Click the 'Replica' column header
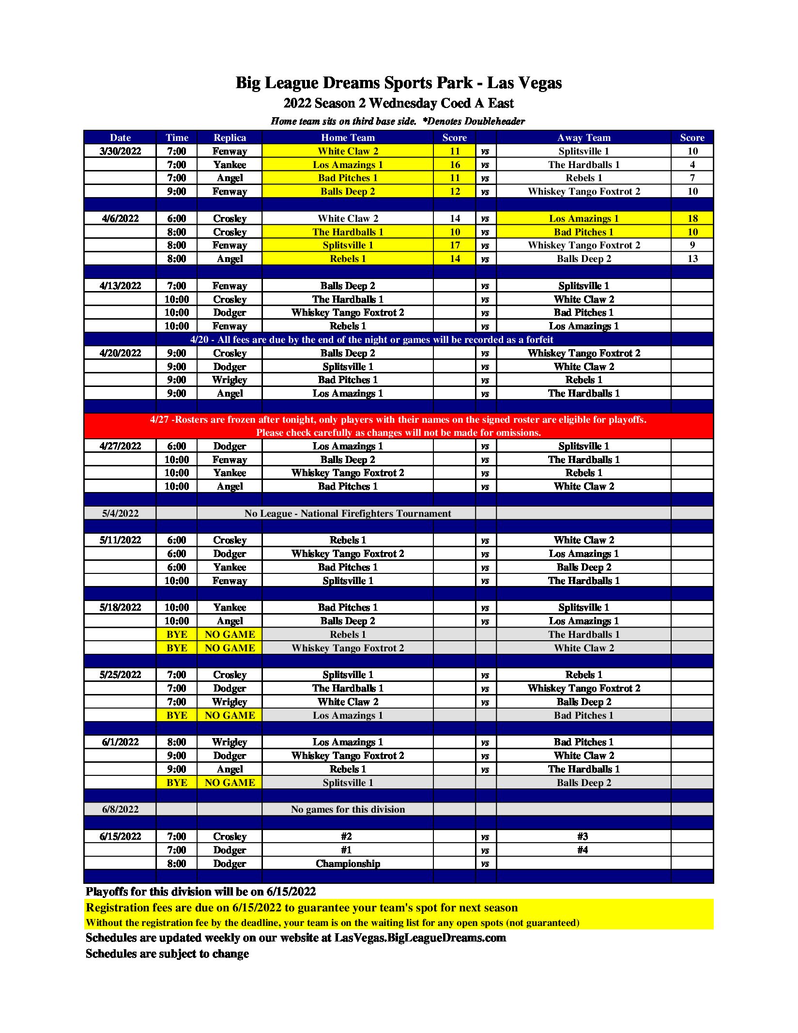tap(230, 138)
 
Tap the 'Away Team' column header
tap(583, 138)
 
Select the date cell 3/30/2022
tap(120, 151)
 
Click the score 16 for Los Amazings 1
tap(454, 165)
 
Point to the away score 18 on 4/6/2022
tap(692, 218)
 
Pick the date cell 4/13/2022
tap(120, 286)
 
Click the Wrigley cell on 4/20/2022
tap(230, 380)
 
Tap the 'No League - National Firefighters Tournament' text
tap(347, 513)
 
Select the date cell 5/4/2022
tap(120, 513)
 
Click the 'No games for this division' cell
tap(347, 809)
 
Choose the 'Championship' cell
tap(347, 863)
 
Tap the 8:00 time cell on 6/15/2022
tap(176, 863)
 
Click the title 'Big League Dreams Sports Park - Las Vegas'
tap(399, 83)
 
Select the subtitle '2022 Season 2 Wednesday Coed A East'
tap(399, 103)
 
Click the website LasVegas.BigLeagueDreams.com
tap(420, 938)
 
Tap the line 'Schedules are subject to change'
tap(167, 954)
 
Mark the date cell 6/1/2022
tap(120, 742)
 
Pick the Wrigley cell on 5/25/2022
tap(230, 702)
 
